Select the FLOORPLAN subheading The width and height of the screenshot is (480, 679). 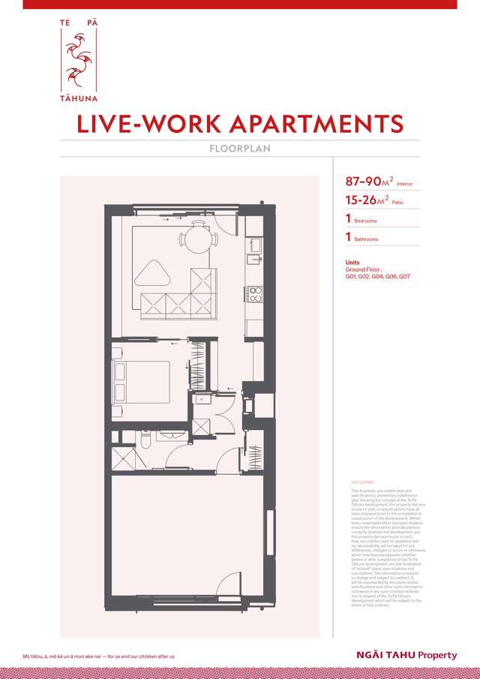(x=240, y=149)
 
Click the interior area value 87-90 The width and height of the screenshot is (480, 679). (x=364, y=182)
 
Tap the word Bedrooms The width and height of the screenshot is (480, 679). (x=365, y=221)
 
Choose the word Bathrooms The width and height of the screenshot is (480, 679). (x=366, y=239)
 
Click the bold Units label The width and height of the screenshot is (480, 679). (x=352, y=263)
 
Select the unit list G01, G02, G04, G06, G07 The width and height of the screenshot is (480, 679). (x=377, y=277)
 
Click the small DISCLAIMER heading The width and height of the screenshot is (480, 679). (x=362, y=482)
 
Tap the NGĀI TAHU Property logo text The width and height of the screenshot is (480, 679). (x=406, y=655)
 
